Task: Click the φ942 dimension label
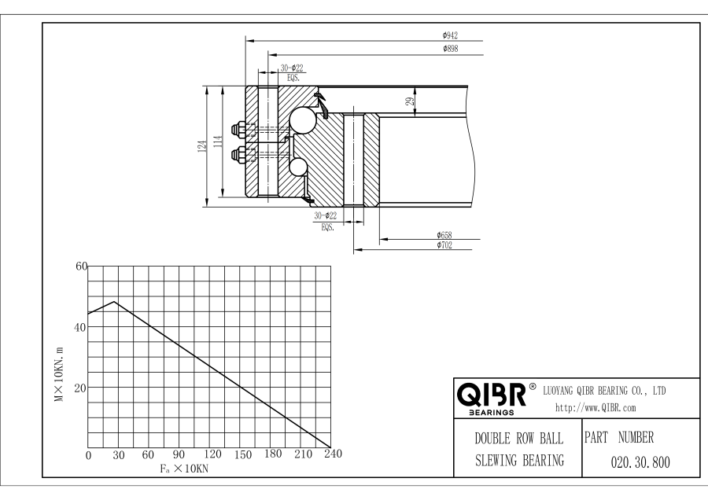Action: (450, 35)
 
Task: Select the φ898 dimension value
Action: (450, 49)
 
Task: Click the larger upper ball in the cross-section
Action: (301, 119)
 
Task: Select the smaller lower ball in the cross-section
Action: (299, 167)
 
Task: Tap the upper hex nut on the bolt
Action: (238, 127)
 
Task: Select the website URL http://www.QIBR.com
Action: (596, 408)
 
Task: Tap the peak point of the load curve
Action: (115, 301)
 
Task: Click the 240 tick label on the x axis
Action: (333, 454)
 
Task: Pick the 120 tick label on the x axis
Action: (212, 454)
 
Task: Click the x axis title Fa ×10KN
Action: (182, 469)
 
